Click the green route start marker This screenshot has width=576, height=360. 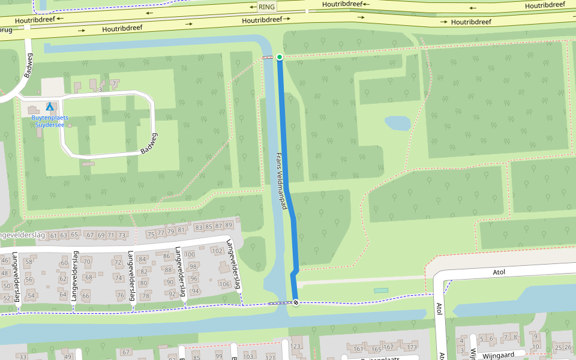[x=280, y=57]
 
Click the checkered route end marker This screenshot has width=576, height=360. [x=295, y=302]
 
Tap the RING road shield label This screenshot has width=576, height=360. [x=266, y=7]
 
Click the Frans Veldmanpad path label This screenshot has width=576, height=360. [x=280, y=180]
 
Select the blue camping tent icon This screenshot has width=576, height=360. [x=50, y=107]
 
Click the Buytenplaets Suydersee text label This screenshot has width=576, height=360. [x=50, y=122]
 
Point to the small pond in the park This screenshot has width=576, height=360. [x=397, y=123]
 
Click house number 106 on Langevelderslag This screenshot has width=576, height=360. [x=224, y=284]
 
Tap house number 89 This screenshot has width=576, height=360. [x=228, y=226]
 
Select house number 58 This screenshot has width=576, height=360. [x=29, y=262]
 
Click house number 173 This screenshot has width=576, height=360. [x=412, y=348]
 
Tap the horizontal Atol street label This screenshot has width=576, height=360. [x=499, y=272]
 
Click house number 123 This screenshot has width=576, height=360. [x=296, y=346]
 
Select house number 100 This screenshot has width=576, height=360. [x=190, y=254]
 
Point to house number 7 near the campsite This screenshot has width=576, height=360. [x=113, y=83]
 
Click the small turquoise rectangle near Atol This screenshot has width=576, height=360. [x=380, y=290]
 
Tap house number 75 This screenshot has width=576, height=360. [x=151, y=233]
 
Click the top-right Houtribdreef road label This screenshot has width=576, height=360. [x=545, y=5]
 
